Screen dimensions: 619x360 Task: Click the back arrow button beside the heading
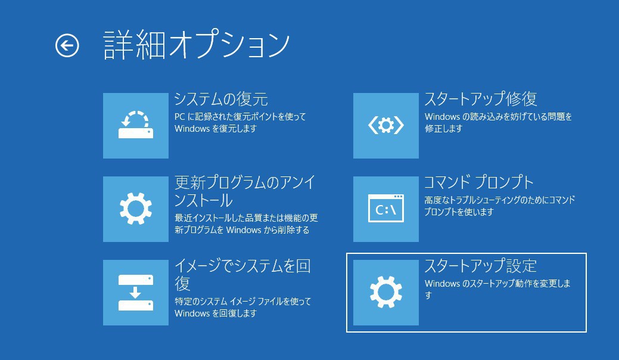click(67, 45)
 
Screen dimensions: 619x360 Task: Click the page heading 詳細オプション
click(197, 45)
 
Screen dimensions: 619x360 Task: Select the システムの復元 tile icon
click(136, 126)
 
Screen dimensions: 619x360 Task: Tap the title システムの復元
click(221, 99)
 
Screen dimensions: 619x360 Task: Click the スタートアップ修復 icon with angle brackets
click(385, 126)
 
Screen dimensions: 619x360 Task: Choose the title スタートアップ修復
click(480, 99)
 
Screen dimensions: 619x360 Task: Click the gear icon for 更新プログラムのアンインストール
click(136, 209)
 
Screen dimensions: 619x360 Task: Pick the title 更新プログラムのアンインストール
click(245, 191)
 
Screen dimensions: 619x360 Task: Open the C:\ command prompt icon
click(385, 209)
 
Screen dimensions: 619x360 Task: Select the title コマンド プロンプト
click(478, 182)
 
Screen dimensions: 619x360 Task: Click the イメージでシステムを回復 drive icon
click(136, 293)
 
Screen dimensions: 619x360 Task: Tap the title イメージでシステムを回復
click(242, 275)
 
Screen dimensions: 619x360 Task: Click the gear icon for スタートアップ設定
click(385, 293)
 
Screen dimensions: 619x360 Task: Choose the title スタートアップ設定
click(480, 266)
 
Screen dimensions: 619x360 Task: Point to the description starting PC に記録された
click(240, 122)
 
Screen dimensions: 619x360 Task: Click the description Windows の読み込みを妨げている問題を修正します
click(498, 122)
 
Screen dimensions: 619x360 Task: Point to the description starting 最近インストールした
click(246, 224)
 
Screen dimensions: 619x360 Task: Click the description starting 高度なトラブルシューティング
click(499, 206)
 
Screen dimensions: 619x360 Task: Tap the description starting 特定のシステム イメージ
click(243, 307)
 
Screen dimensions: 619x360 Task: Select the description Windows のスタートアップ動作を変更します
click(497, 289)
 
